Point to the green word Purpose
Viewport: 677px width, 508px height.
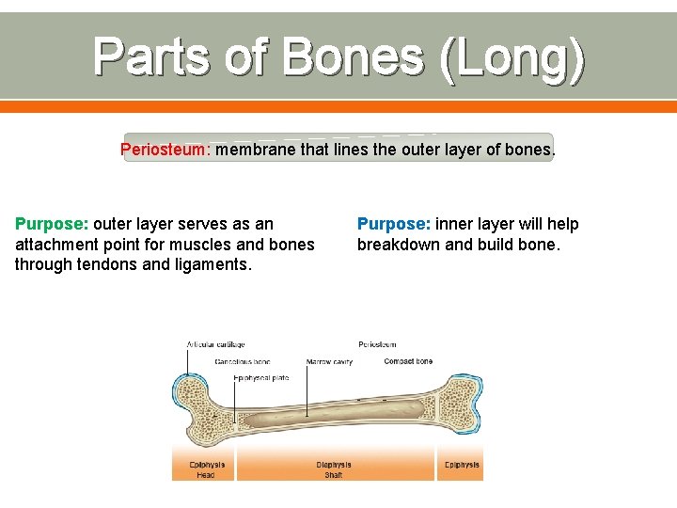(51, 224)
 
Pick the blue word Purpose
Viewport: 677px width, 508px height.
(393, 224)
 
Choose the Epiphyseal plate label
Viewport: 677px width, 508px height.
(260, 378)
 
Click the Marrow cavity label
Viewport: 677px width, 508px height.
(329, 361)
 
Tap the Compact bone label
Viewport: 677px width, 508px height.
(408, 361)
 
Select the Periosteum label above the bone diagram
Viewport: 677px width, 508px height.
(377, 344)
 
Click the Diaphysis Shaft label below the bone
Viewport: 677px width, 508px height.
(334, 469)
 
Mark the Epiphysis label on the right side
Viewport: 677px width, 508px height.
(461, 465)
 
